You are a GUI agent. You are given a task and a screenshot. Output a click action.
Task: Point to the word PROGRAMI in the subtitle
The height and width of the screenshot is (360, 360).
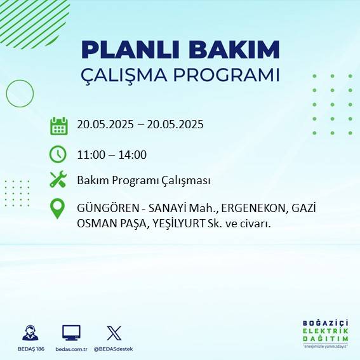pos(234,74)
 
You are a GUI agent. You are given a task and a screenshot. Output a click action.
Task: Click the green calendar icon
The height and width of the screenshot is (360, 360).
pos(58,125)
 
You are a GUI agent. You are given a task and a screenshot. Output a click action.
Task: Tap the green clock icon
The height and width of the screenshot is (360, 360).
pos(58,154)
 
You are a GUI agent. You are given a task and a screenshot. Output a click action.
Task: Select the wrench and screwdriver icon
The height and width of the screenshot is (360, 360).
pos(58,180)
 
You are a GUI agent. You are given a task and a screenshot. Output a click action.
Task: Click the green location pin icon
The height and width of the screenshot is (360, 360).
pos(58,209)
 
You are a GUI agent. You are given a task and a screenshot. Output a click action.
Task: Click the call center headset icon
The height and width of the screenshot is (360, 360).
pos(30,333)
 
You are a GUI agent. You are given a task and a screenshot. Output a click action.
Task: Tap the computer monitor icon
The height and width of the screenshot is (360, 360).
pos(71,333)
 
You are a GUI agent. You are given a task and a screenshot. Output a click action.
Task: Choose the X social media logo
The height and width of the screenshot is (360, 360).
pos(114,333)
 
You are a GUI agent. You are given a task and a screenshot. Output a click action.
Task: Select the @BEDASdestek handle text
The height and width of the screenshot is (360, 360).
pos(113,349)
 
